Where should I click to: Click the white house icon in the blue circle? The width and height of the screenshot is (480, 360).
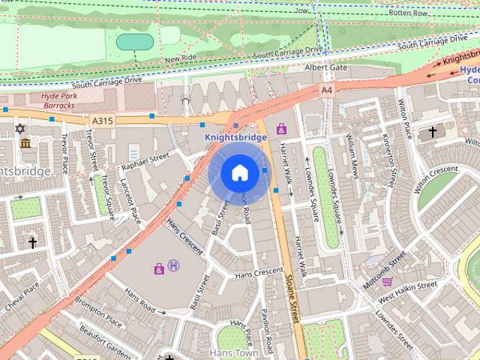239,173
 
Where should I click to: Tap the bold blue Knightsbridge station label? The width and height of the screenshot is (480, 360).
235,137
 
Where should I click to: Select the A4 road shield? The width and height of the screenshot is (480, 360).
326,89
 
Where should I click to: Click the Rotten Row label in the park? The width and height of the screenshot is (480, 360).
409,13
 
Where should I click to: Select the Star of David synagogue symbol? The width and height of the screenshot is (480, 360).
20,129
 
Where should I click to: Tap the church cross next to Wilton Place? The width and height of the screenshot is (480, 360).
432,132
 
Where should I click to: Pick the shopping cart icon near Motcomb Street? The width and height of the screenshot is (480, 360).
387,282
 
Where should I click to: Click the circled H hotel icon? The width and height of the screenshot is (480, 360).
174,265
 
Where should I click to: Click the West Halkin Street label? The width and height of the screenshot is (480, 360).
408,286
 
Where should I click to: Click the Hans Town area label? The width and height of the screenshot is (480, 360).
233,352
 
